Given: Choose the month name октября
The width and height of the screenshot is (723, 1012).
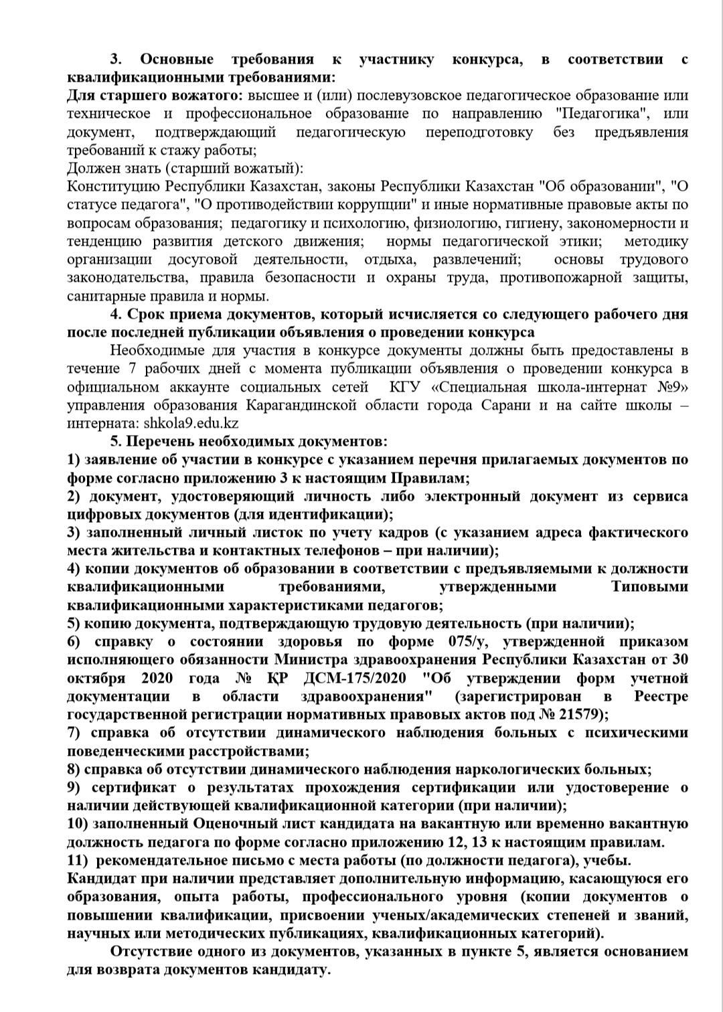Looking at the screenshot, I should (x=96, y=678).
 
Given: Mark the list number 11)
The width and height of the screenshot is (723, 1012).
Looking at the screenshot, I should (x=79, y=860).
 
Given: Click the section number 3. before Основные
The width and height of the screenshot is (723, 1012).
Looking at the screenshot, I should (x=115, y=60).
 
